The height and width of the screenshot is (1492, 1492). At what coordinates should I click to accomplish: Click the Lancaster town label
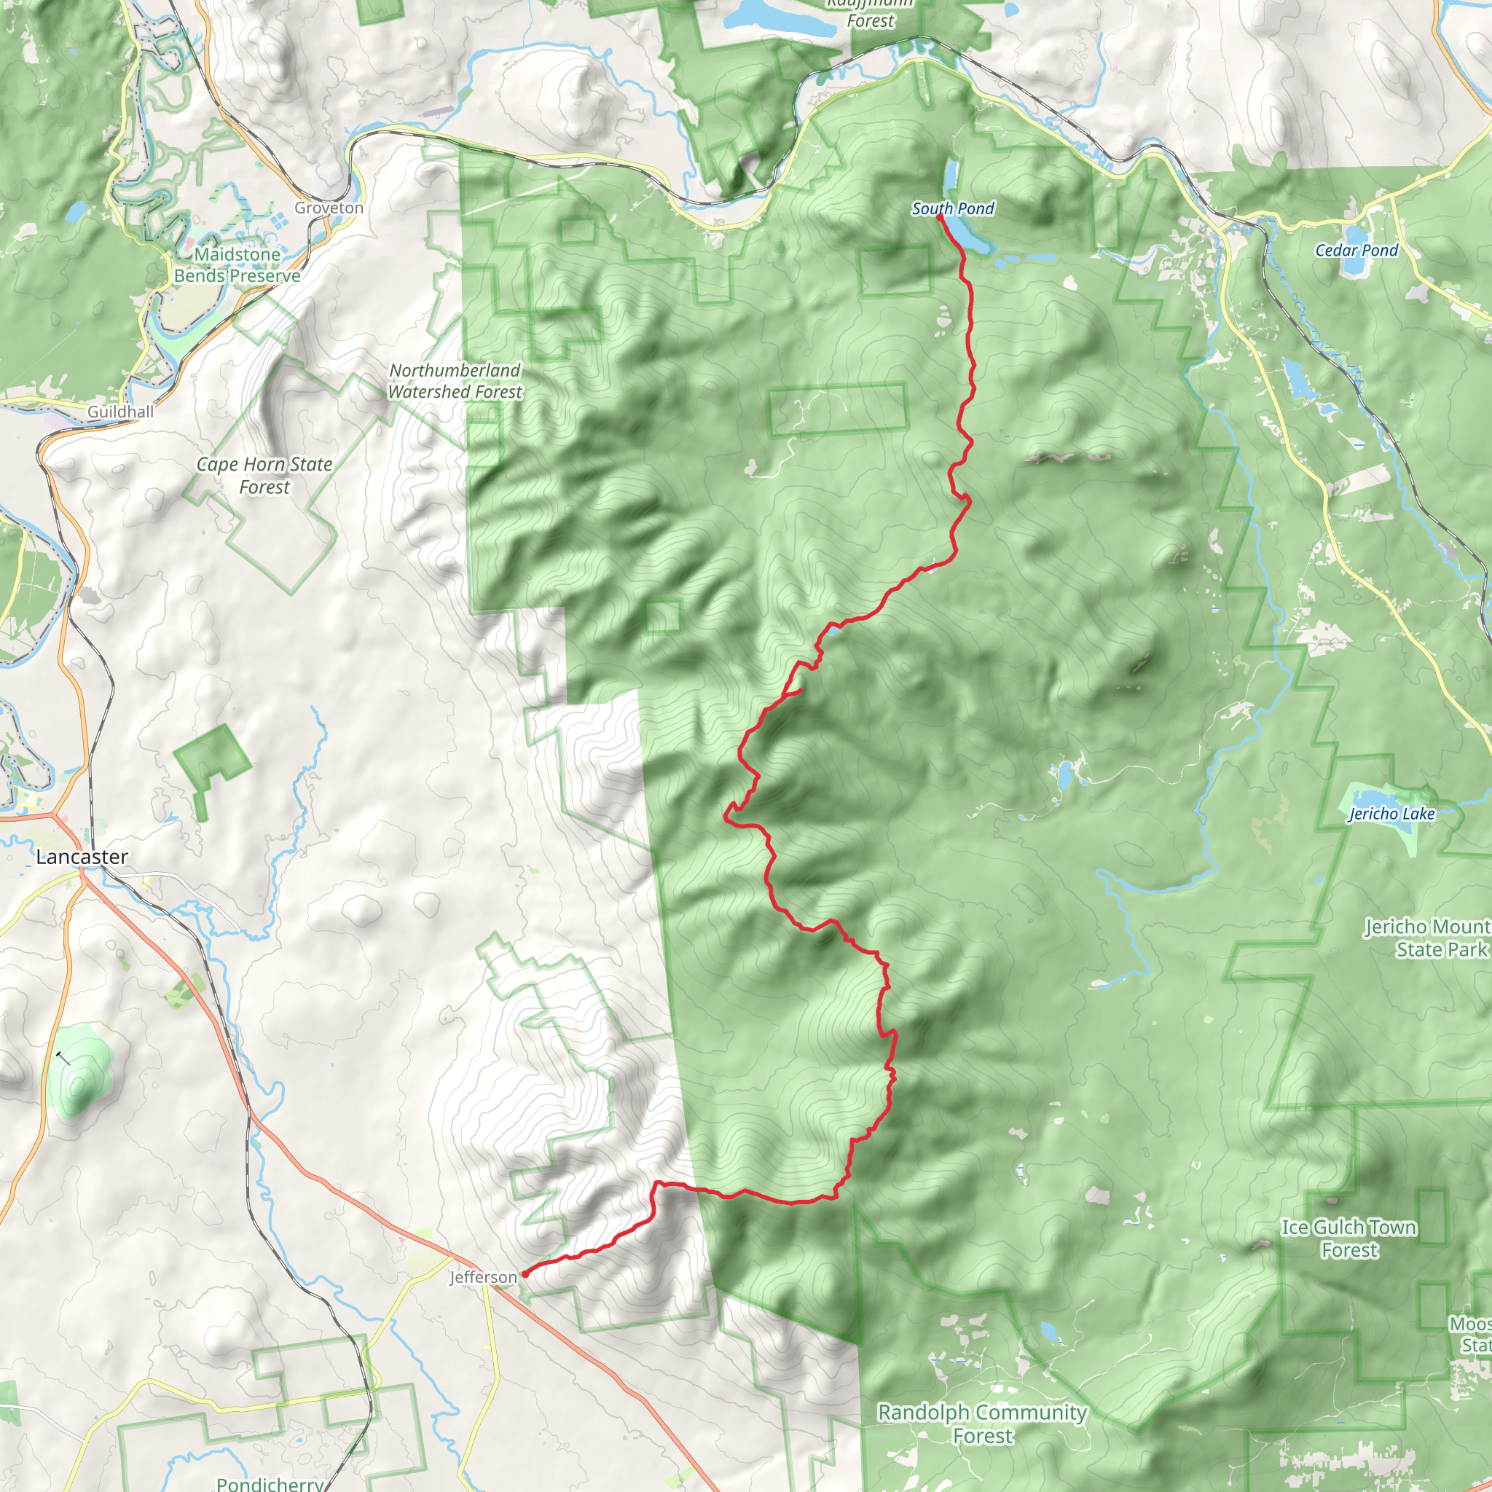coord(82,857)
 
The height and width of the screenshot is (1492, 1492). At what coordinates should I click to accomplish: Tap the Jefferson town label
coord(483,1277)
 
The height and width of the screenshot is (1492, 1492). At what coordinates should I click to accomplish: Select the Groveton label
coord(329,208)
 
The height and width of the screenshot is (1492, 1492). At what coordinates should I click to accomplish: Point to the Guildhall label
coord(119,412)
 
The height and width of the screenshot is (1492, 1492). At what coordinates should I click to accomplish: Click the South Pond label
coord(952,208)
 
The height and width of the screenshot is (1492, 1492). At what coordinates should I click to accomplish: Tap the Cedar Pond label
coord(1356,250)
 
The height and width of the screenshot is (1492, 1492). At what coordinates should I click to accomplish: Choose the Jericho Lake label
coord(1391,814)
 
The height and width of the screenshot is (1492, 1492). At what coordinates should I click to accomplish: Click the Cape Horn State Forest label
coord(264,475)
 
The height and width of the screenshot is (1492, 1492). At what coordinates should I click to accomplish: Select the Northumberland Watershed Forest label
coord(455,381)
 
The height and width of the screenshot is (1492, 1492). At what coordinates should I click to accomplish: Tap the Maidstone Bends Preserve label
coord(237,265)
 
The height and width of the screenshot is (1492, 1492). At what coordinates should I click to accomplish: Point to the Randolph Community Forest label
coord(982,1424)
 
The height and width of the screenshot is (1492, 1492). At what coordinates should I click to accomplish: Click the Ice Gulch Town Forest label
coord(1348,1238)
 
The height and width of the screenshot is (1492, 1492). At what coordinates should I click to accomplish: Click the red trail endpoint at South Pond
coord(939,217)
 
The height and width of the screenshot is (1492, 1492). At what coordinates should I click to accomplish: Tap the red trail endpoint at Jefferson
coord(525,1274)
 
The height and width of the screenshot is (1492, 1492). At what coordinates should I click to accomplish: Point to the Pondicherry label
coord(270,1483)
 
